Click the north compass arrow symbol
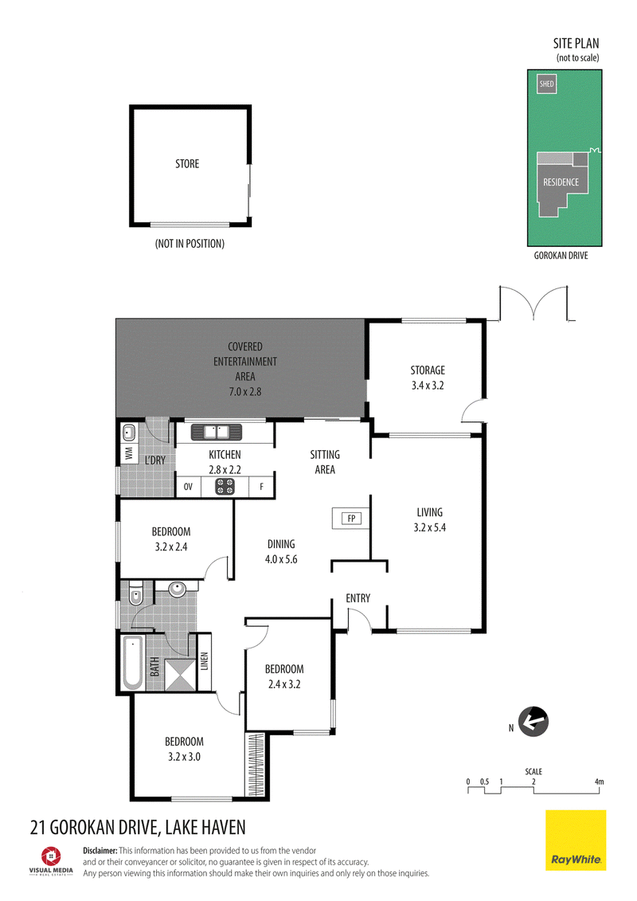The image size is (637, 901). (x=533, y=722)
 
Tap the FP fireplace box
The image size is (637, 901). (x=351, y=519)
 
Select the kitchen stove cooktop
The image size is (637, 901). (x=225, y=487)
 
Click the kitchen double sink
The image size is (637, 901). (x=217, y=432)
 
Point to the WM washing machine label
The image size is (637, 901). (x=129, y=452)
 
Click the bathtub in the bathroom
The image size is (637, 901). (x=133, y=663)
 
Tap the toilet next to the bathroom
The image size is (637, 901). (x=135, y=594)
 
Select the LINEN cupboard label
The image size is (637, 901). (x=205, y=660)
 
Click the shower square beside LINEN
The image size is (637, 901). (x=180, y=675)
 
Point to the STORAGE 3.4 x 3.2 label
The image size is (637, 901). (x=428, y=378)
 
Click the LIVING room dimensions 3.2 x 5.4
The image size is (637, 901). (x=430, y=527)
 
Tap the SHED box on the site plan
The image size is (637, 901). (x=547, y=84)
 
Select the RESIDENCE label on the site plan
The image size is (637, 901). (x=561, y=182)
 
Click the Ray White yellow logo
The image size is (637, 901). (x=576, y=840)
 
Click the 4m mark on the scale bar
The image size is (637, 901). (x=599, y=782)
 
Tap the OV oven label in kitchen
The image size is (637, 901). (x=188, y=487)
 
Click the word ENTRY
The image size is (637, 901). (x=358, y=598)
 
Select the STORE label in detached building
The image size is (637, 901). (x=187, y=164)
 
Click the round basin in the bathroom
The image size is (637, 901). (x=177, y=588)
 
